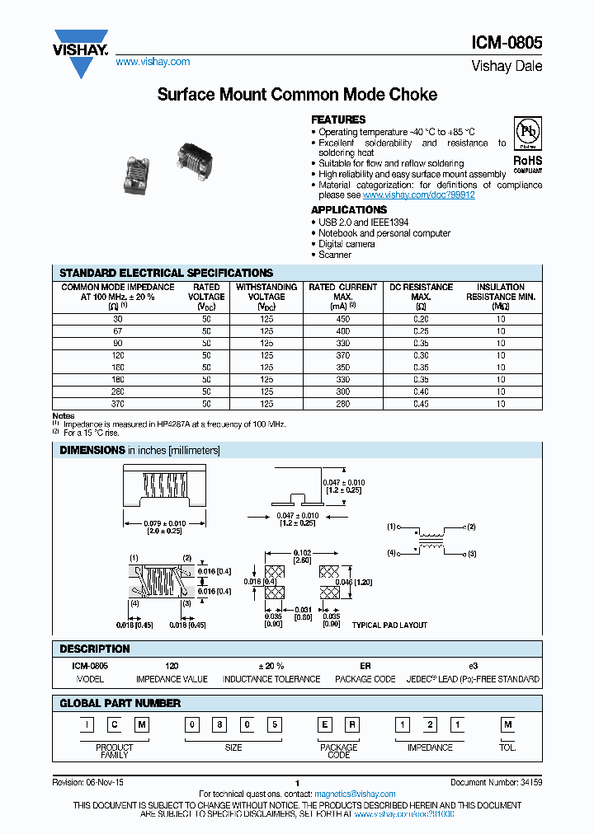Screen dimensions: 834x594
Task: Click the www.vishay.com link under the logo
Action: tap(153, 62)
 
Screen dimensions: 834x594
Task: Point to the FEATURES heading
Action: tap(338, 119)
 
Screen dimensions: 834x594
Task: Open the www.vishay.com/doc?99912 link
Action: tap(419, 195)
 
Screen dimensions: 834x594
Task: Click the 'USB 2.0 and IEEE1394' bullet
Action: tap(363, 223)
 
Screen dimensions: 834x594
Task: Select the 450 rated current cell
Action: tap(342, 319)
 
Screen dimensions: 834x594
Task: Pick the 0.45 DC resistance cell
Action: tap(421, 404)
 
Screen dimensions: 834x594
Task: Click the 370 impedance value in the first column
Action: tap(117, 404)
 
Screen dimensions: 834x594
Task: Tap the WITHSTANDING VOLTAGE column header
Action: tap(266, 292)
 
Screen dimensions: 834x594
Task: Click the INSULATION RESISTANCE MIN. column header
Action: tap(501, 292)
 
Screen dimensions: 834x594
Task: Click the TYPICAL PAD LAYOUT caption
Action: tap(389, 625)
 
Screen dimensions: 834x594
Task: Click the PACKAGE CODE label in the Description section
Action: tap(365, 679)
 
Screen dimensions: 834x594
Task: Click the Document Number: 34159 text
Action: tap(496, 780)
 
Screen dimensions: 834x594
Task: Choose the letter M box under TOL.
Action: tap(507, 725)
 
